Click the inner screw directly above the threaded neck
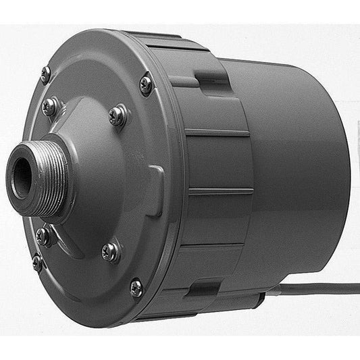pyautogui.click(x=50, y=105)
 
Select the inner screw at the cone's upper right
pyautogui.click(x=118, y=115)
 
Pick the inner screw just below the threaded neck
pyautogui.click(x=43, y=236)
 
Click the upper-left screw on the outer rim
pyautogui.click(x=45, y=74)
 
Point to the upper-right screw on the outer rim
pyautogui.click(x=146, y=84)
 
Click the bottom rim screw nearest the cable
pyautogui.click(x=136, y=288)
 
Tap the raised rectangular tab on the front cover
pyautogui.click(x=155, y=191)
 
